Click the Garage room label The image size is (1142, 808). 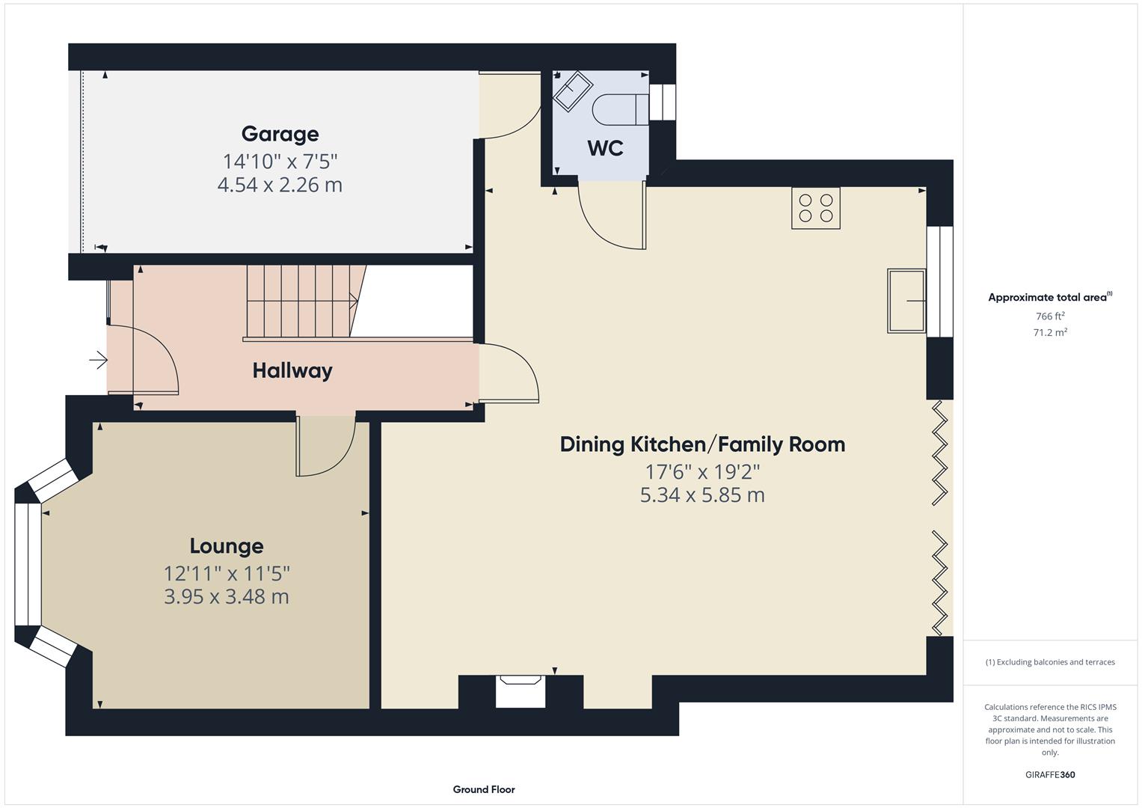280,134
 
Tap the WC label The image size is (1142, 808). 605,148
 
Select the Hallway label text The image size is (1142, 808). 292,370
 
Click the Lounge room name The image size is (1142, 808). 226,546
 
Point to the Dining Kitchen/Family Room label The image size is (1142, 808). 702,444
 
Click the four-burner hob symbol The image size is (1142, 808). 815,208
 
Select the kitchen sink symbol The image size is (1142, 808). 906,300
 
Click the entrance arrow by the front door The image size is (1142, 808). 98,361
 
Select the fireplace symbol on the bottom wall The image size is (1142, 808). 521,689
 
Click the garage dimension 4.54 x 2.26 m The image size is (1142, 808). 280,185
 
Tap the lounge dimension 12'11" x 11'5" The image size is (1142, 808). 227,574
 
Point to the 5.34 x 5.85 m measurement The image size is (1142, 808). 702,495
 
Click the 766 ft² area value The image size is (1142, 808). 1050,316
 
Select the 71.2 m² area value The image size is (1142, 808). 1050,333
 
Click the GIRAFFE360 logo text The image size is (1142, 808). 1049,774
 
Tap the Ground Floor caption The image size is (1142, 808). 484,789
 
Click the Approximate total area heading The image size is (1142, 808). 1049,297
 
